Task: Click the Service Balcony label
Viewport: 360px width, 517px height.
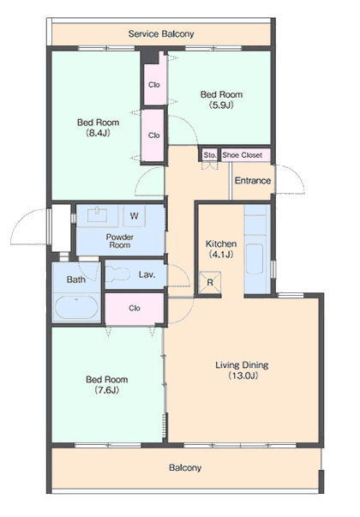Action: (x=161, y=34)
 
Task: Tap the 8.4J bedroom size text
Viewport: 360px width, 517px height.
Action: (x=98, y=133)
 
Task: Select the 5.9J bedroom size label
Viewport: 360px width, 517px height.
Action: (x=221, y=105)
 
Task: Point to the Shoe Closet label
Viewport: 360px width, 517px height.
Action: (x=243, y=155)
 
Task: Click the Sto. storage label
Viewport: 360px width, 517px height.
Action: (x=210, y=155)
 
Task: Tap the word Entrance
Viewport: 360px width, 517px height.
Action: (x=253, y=181)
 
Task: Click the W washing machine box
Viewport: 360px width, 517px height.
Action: (x=135, y=216)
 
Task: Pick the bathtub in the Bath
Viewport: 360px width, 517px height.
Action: (x=76, y=307)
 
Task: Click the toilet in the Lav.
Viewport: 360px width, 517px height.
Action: (x=118, y=274)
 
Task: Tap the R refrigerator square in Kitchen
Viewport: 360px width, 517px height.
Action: (x=210, y=283)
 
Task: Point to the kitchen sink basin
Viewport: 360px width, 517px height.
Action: (x=255, y=259)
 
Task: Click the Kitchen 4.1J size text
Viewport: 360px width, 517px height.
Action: (x=221, y=255)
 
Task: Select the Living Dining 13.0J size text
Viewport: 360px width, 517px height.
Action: (x=243, y=376)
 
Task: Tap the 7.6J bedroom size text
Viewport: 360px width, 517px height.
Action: (x=106, y=390)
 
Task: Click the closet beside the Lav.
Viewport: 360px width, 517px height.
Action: (x=135, y=309)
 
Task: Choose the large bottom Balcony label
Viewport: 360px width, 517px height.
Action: (x=184, y=468)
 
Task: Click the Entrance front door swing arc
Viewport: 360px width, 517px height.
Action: (x=299, y=175)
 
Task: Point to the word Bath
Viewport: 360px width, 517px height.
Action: (x=76, y=280)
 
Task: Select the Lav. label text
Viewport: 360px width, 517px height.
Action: (x=147, y=274)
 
